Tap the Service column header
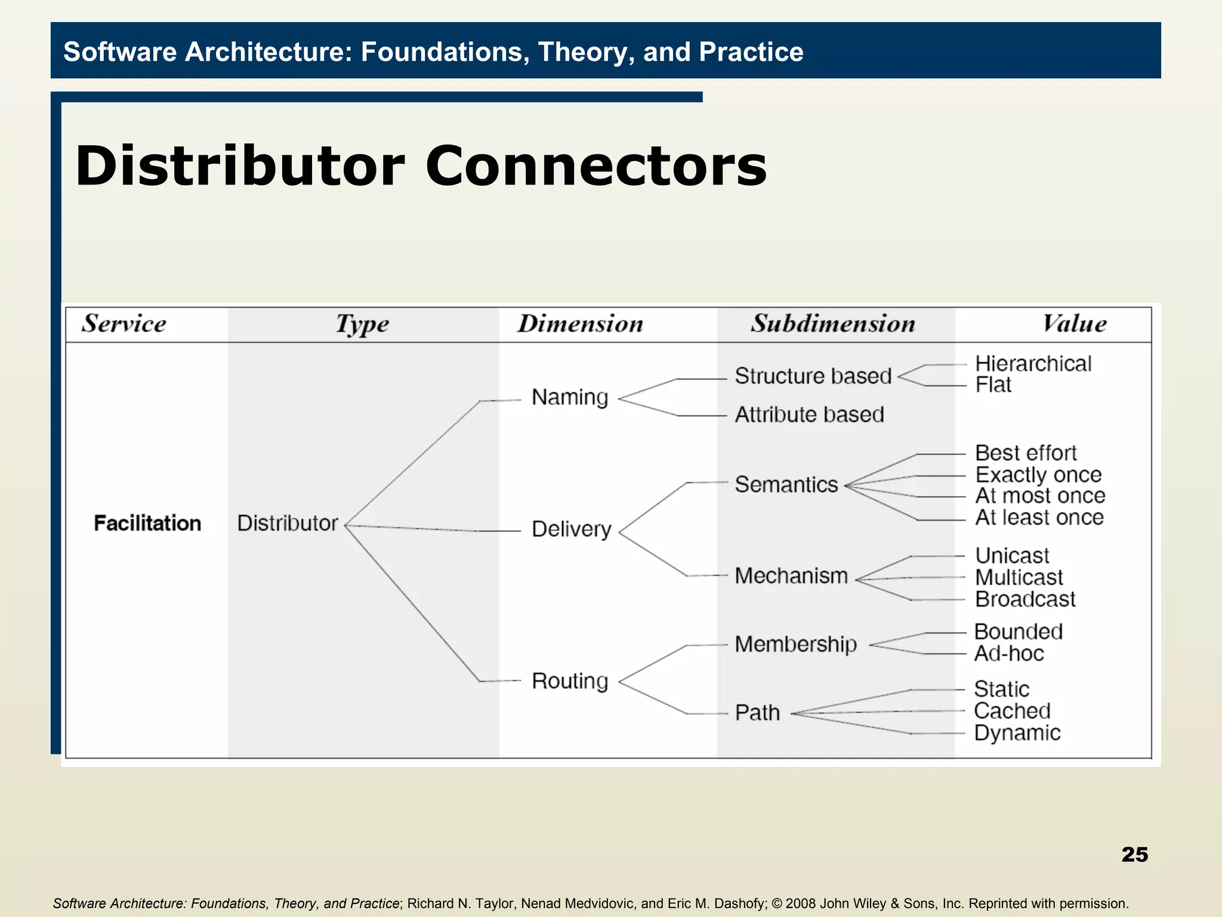coord(124,324)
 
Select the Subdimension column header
coord(833,324)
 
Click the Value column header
coord(1074,324)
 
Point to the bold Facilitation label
coord(147,523)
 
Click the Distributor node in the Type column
coord(288,523)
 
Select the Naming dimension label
coord(570,397)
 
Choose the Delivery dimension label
coord(572,529)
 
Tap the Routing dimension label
coord(570,681)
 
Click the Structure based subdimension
coord(813,376)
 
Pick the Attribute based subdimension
coord(809,414)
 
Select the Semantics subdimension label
coord(786,484)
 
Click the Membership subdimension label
coord(796,644)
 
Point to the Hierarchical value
coord(1033,364)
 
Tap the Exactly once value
coord(1038,475)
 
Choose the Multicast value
coord(1019,577)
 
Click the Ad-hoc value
coord(1009,654)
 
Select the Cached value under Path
coord(1012,711)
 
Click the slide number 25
coord(1134,854)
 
